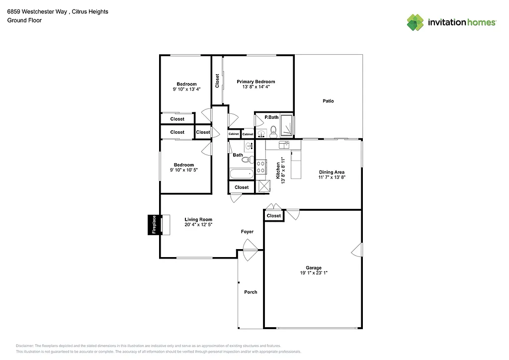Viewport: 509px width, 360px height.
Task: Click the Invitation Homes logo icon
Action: [x=415, y=22]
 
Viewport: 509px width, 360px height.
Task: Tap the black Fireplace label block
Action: [x=154, y=224]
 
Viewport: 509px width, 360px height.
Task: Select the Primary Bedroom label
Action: [x=255, y=82]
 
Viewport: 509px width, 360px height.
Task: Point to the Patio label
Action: [x=328, y=101]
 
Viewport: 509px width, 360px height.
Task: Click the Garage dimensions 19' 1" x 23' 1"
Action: [x=313, y=273]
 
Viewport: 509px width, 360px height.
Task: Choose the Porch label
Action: [x=251, y=292]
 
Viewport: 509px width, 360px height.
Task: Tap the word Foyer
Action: [x=247, y=232]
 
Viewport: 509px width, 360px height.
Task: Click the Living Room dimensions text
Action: [x=198, y=225]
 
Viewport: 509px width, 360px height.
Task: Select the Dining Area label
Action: [x=332, y=172]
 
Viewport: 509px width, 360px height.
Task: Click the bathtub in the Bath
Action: [x=242, y=174]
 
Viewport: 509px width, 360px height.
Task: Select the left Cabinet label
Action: [x=234, y=134]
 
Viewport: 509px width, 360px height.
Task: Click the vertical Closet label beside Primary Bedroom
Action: [x=217, y=81]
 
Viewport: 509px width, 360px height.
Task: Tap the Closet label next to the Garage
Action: [x=273, y=216]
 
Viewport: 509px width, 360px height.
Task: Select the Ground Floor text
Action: [x=24, y=20]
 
